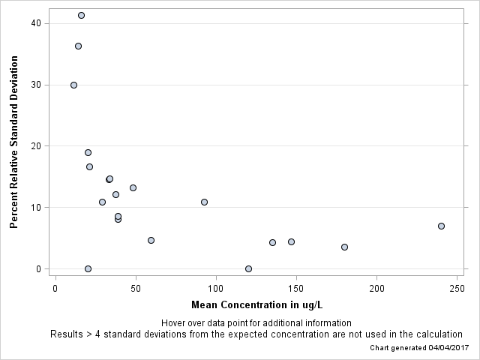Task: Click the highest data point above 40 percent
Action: click(x=81, y=15)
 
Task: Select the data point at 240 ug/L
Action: click(x=441, y=226)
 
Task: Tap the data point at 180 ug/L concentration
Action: click(x=344, y=247)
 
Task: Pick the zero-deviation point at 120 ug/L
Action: click(x=248, y=268)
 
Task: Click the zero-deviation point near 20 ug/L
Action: click(x=88, y=268)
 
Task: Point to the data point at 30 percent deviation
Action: click(x=73, y=85)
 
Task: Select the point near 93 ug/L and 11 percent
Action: click(x=204, y=202)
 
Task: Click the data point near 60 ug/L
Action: click(x=151, y=240)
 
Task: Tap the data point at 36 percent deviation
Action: click(x=78, y=46)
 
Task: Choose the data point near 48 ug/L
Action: click(x=133, y=187)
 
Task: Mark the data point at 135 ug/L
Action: click(x=272, y=242)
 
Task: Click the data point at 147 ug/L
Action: click(x=291, y=241)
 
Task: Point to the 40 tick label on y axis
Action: click(x=34, y=23)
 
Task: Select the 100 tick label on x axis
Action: click(x=216, y=289)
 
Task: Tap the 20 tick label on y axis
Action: click(x=34, y=146)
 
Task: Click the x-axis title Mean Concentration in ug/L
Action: click(x=256, y=304)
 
